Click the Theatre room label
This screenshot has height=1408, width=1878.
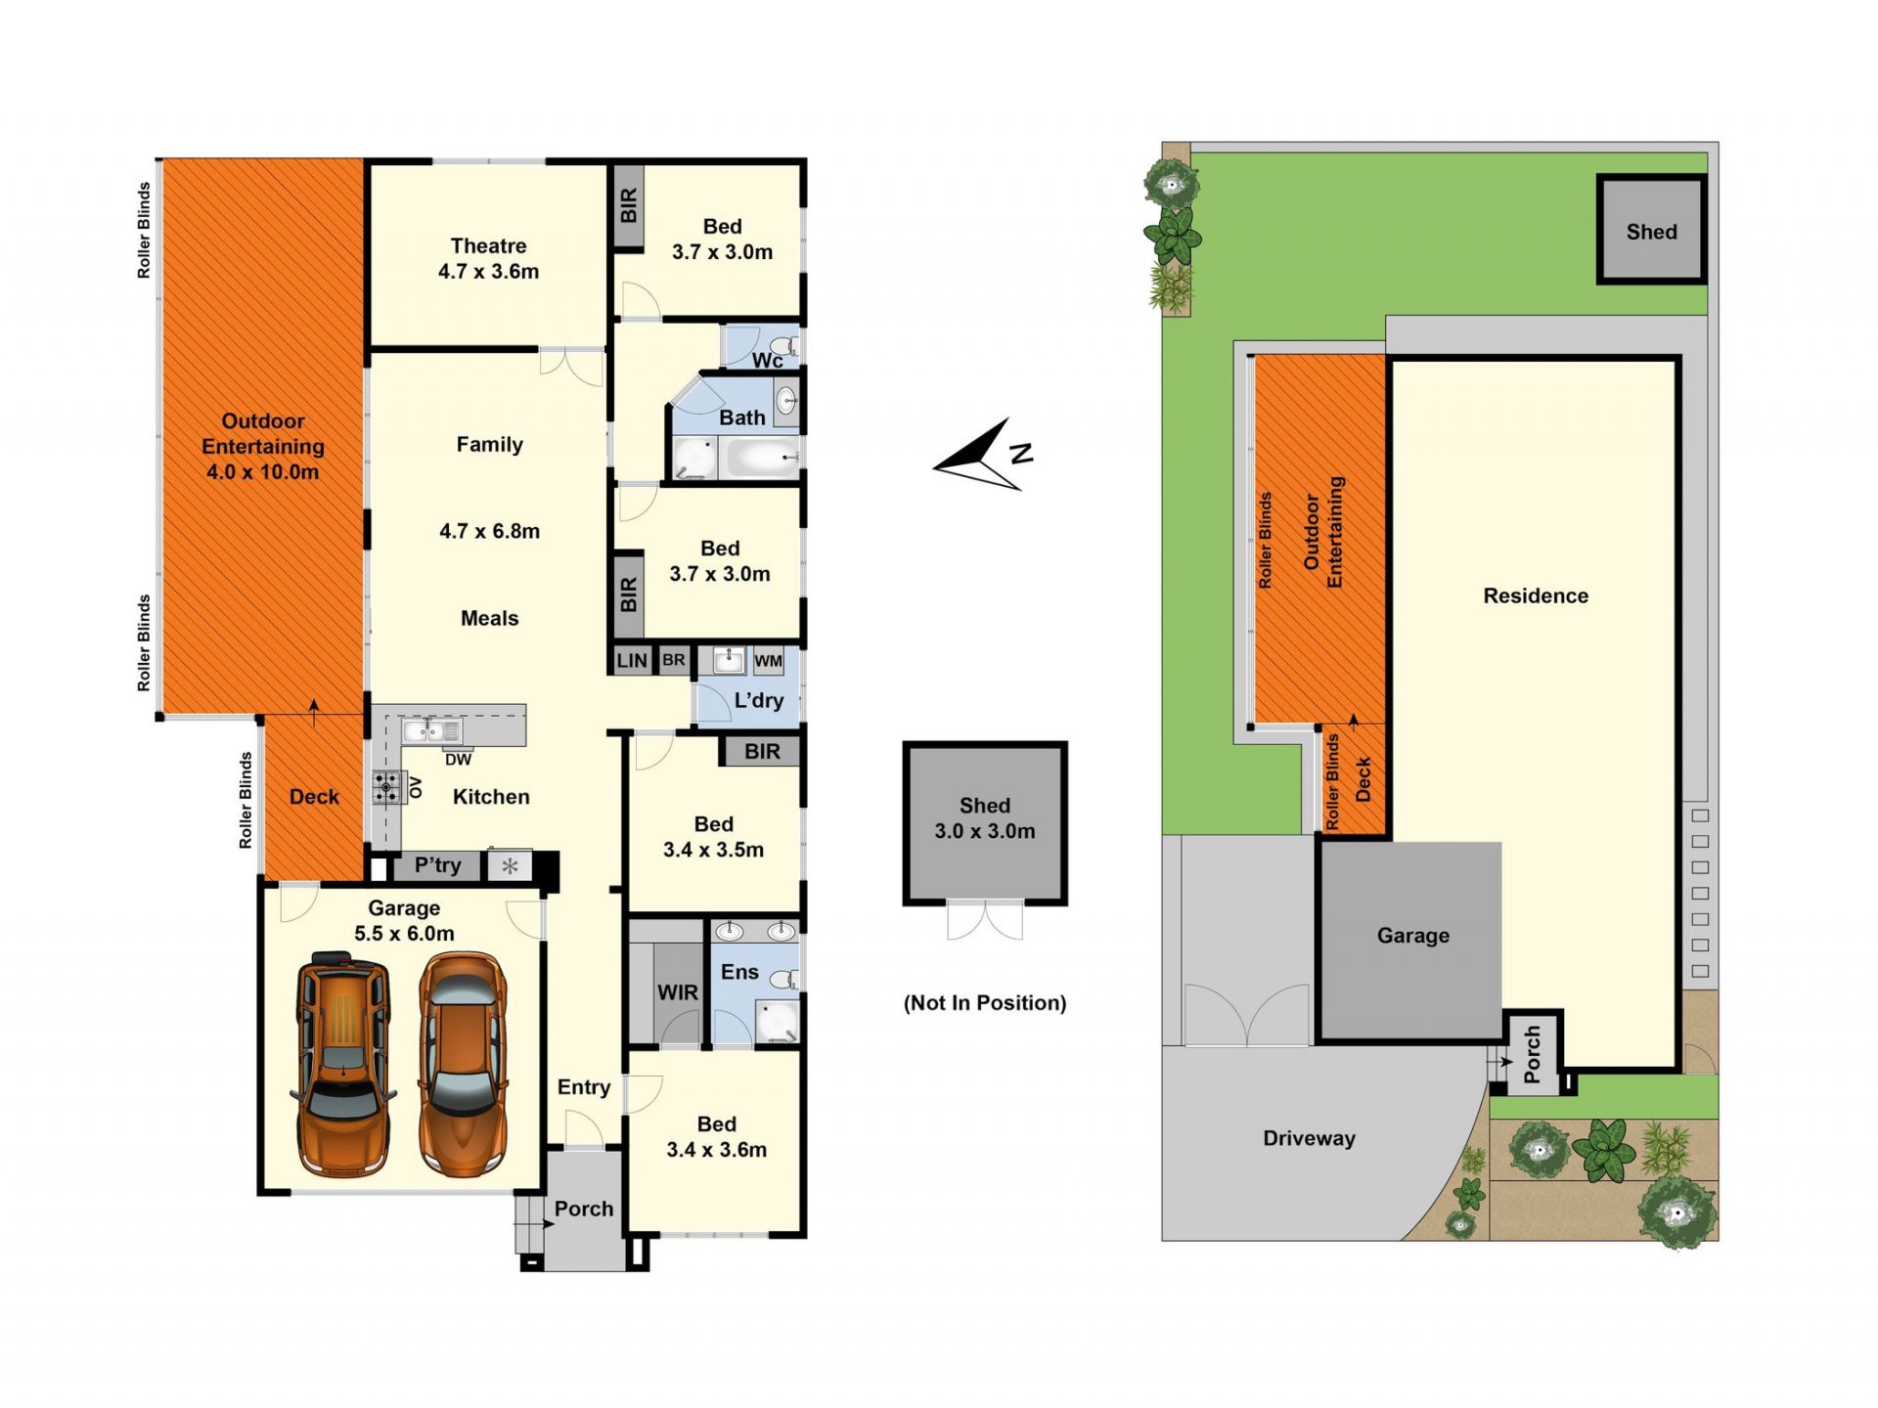(x=488, y=245)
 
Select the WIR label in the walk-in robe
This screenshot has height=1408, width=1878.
(x=677, y=992)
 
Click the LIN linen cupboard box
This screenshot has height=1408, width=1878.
(x=632, y=660)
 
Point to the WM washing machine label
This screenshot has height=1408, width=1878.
(x=768, y=661)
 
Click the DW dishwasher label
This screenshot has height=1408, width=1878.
(x=458, y=760)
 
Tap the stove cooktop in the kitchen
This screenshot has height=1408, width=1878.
(x=388, y=787)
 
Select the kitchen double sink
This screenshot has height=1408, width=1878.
(x=431, y=729)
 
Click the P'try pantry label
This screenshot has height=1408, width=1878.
(x=437, y=865)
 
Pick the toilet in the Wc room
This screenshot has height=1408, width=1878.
(x=784, y=345)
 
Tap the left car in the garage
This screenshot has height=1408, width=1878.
(x=343, y=1063)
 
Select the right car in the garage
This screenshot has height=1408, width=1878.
(x=464, y=1064)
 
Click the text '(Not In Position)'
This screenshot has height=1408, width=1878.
(x=985, y=1003)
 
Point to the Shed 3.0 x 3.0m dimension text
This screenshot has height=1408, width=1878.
(x=985, y=831)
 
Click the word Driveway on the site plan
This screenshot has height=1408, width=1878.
(x=1309, y=1138)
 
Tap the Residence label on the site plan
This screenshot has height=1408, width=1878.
(x=1536, y=595)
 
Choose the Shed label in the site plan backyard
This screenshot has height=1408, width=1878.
(x=1651, y=232)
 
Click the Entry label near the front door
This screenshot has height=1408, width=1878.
(x=584, y=1087)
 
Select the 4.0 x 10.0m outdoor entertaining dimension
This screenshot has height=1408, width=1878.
(x=262, y=472)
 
